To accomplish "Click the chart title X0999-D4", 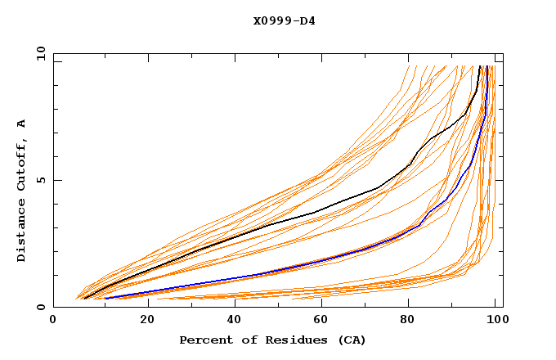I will pos(285,20).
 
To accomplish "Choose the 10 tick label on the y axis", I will pos(38,53).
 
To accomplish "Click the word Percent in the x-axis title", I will pos(202,340).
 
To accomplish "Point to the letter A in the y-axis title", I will pos(22,123).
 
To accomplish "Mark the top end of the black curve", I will pos(480,66).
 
